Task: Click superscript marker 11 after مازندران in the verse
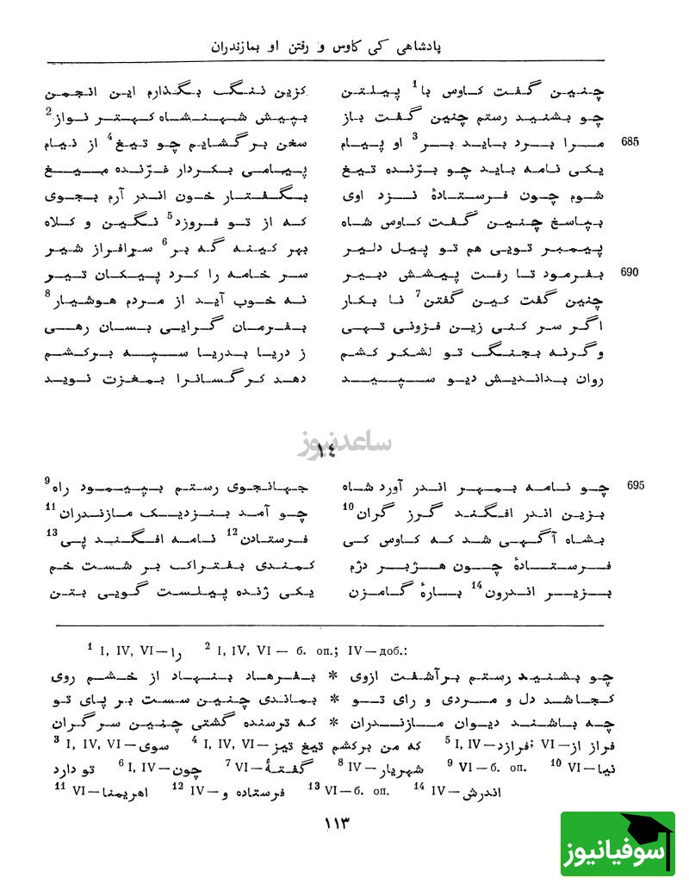pos(50,506)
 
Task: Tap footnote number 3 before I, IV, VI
pos(55,738)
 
